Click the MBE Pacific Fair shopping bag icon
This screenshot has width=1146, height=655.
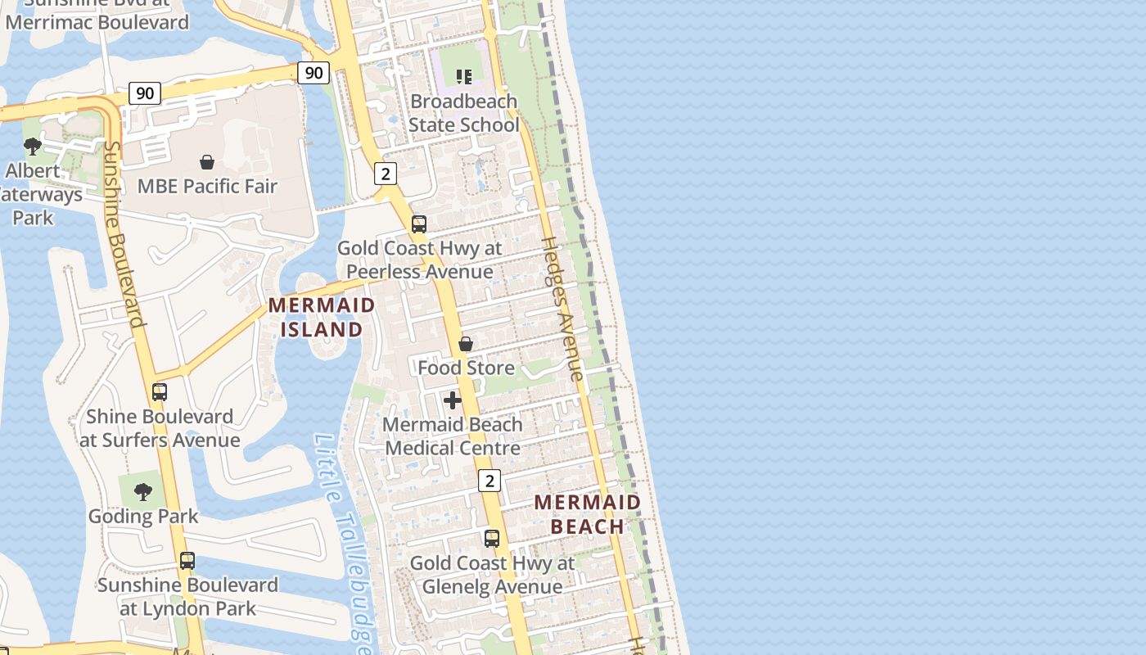[207, 162]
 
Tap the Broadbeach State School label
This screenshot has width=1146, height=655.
[463, 113]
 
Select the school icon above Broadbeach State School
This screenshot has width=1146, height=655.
[464, 77]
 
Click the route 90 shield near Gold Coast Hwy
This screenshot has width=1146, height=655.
[314, 73]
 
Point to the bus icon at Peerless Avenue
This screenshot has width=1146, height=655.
[419, 224]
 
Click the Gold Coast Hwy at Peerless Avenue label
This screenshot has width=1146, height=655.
[420, 260]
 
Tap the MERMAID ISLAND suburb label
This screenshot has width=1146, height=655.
[322, 317]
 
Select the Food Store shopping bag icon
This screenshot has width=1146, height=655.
[466, 344]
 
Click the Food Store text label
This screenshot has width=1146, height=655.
[466, 368]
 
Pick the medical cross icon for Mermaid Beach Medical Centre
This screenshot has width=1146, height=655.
[452, 400]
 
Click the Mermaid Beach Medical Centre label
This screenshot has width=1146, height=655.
[453, 436]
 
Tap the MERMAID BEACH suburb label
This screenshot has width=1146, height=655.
[588, 514]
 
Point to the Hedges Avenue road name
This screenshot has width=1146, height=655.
[562, 309]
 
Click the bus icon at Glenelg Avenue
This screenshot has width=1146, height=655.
[492, 539]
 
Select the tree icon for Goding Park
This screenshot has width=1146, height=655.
[143, 492]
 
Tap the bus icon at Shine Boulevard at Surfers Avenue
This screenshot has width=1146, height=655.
[160, 392]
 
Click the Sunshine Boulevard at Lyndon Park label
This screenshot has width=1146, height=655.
[187, 597]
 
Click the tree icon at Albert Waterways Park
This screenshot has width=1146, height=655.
[33, 147]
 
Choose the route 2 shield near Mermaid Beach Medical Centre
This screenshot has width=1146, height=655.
[490, 481]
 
